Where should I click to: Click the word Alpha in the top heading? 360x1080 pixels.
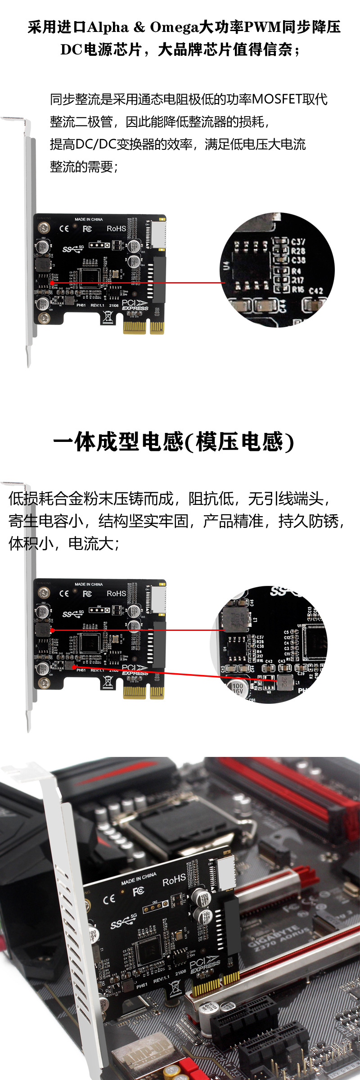click(108, 27)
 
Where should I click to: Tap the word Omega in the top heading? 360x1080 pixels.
click(174, 27)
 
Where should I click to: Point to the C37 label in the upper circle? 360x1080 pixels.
click(298, 242)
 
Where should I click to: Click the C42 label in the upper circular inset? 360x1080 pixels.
click(316, 291)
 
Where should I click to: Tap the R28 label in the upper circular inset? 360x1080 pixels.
click(298, 251)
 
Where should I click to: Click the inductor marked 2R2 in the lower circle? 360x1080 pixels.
click(284, 682)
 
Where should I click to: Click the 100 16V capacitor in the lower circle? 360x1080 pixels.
click(237, 688)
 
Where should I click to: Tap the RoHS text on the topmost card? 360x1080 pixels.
click(116, 229)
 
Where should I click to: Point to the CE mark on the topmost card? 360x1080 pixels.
click(64, 229)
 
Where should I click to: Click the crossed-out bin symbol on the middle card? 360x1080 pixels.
click(108, 681)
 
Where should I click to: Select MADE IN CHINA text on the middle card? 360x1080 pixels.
click(89, 584)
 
